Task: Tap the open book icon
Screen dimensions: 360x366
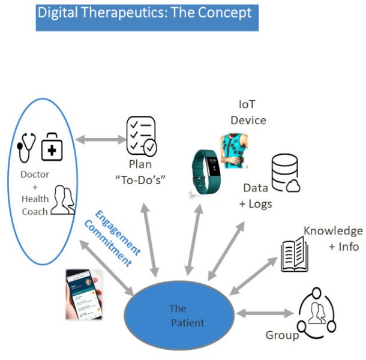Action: click(x=294, y=254)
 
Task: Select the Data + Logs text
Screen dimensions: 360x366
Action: click(x=256, y=196)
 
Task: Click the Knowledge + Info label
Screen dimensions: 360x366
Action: click(x=332, y=238)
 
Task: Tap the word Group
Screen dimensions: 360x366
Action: click(x=282, y=335)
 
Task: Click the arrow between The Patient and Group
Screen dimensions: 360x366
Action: click(x=263, y=313)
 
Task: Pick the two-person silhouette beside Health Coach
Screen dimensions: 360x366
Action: click(x=62, y=200)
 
